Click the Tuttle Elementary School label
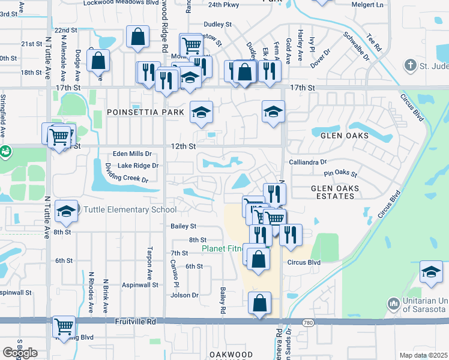click(130, 209)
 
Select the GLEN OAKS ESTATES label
click(335, 193)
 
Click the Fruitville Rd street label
click(138, 322)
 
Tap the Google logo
click(20, 353)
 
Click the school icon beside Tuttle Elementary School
click(66, 211)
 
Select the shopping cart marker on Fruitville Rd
click(64, 326)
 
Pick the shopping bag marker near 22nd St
click(138, 36)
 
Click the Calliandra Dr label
click(307, 162)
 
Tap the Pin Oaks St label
click(340, 175)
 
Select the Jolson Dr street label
click(184, 295)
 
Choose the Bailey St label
click(184, 226)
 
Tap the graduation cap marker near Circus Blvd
click(431, 271)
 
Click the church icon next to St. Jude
click(411, 65)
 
